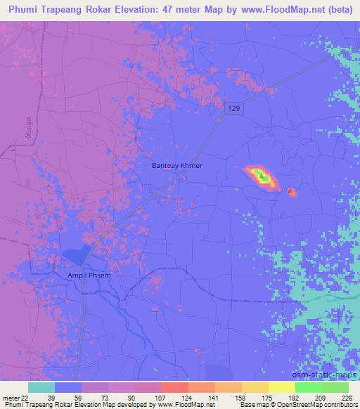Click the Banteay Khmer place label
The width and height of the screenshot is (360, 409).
[176, 165]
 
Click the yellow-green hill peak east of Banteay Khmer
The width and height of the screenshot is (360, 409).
[261, 176]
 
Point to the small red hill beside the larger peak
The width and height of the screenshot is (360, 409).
[292, 191]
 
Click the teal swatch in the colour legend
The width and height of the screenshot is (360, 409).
[41, 387]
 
